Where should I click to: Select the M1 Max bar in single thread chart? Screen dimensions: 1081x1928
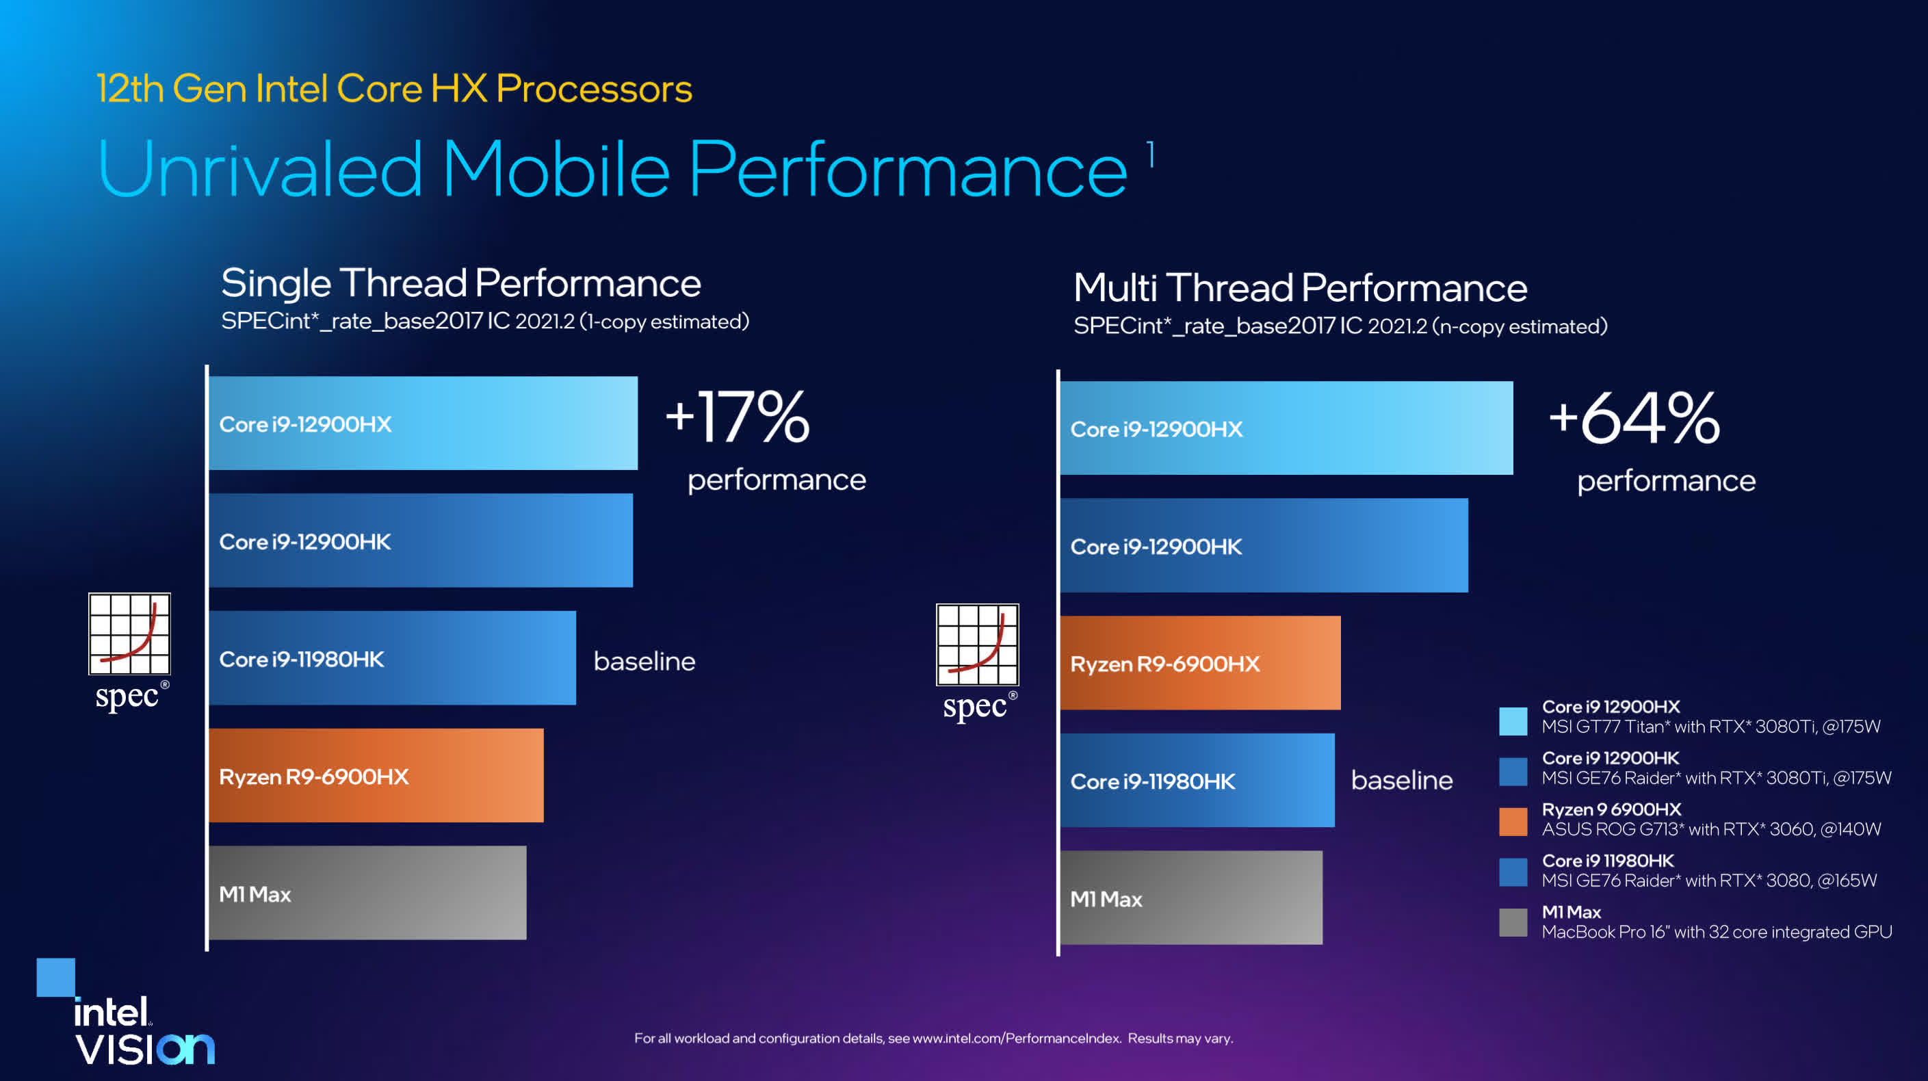(367, 892)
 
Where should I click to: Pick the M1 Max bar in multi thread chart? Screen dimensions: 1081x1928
(1190, 898)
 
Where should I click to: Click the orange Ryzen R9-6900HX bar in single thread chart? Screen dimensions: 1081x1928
(376, 776)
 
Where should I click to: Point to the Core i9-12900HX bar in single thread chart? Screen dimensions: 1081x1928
(423, 423)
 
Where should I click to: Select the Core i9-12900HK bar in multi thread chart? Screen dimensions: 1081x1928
(1264, 546)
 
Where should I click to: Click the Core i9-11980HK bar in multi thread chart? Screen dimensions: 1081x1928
(1197, 780)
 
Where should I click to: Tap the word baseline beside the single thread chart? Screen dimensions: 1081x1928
(644, 661)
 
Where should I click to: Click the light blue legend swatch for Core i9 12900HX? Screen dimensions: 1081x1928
(1513, 721)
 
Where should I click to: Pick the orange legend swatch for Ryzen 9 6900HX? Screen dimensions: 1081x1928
(1513, 821)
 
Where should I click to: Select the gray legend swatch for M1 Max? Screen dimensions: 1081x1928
(1513, 922)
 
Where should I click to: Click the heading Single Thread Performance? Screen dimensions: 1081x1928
(460, 283)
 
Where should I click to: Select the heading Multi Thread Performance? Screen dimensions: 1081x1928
(1300, 287)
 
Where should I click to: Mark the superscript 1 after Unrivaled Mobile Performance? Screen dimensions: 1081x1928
(1151, 155)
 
